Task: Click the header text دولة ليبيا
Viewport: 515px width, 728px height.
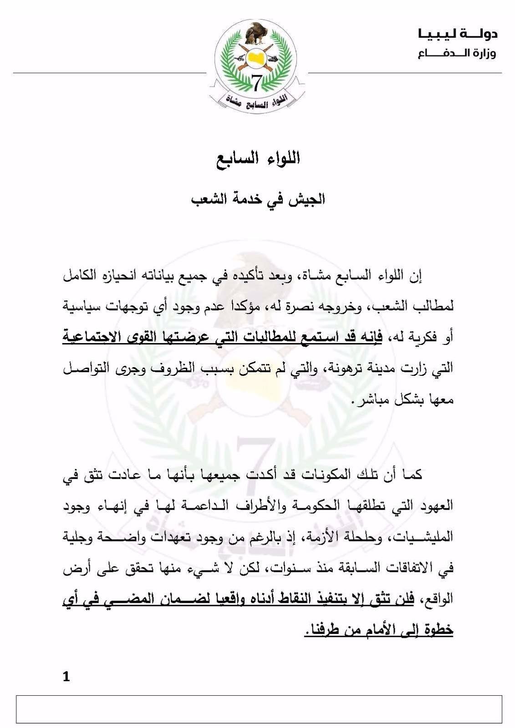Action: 458,34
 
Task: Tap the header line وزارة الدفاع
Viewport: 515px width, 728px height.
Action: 457,54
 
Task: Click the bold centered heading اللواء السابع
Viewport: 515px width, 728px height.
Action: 258,159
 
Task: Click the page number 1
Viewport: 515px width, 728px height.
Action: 66,677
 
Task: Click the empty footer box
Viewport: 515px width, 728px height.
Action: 259,709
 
